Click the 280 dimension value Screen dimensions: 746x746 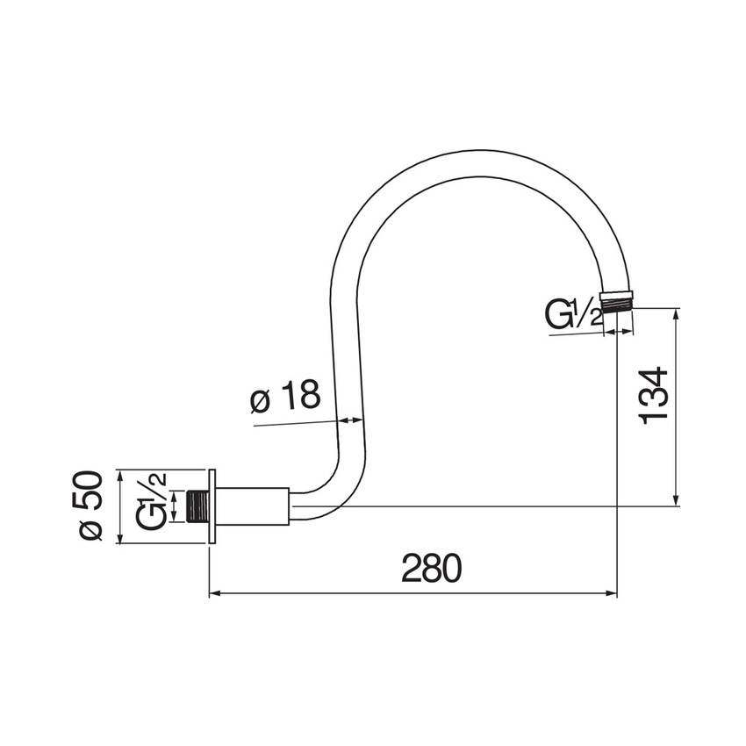[x=431, y=570]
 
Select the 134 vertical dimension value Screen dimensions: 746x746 [x=655, y=396]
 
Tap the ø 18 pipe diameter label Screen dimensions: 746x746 [x=284, y=399]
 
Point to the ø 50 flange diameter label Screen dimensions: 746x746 [x=91, y=506]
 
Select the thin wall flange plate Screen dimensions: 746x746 [x=212, y=506]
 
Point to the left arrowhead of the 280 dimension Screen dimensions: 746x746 [x=214, y=594]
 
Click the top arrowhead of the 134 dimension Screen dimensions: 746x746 [x=676, y=313]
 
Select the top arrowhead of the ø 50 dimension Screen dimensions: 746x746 [x=118, y=475]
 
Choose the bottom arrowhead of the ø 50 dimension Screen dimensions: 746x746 [x=118, y=538]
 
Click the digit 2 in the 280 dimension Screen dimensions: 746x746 [x=411, y=570]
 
